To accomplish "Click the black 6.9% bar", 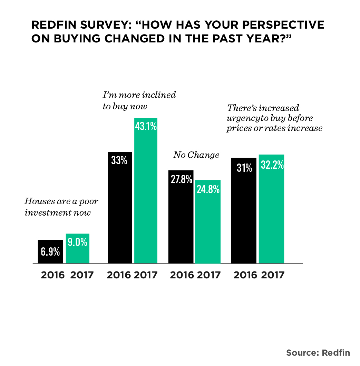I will click(50, 251).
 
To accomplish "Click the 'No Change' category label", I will click(196, 155).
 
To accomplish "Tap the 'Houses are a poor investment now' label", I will click(59, 207).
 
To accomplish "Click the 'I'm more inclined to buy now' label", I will click(139, 100).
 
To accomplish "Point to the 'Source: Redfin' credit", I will click(318, 353).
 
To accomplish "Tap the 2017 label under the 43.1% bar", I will click(145, 275).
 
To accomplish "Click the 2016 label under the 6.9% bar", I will click(53, 275).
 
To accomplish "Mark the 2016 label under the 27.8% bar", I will click(182, 275).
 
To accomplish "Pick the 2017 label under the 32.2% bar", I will click(273, 275).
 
